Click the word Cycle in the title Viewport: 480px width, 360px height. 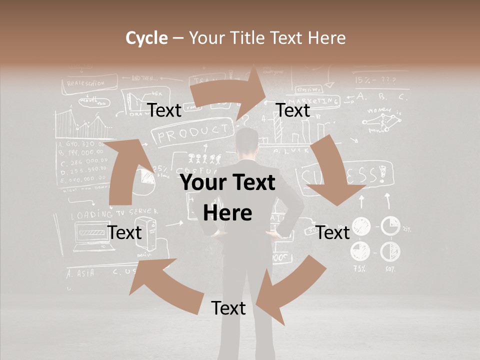[146, 38]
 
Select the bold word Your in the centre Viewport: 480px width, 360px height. [203, 183]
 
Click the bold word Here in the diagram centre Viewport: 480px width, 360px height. [227, 213]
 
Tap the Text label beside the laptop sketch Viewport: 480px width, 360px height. [124, 232]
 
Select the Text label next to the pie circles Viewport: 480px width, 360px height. [332, 232]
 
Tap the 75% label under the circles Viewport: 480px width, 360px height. [359, 268]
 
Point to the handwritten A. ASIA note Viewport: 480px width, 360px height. [80, 273]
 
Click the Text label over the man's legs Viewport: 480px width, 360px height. [228, 308]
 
